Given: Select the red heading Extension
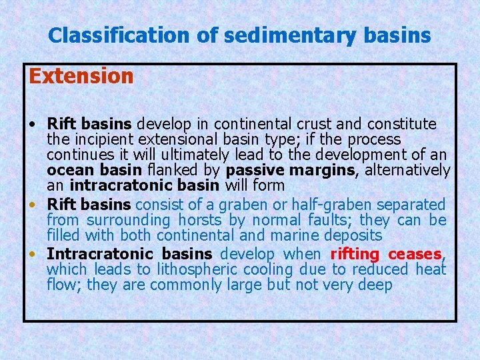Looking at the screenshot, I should tap(81, 76).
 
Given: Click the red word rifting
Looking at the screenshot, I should tap(355, 254).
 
